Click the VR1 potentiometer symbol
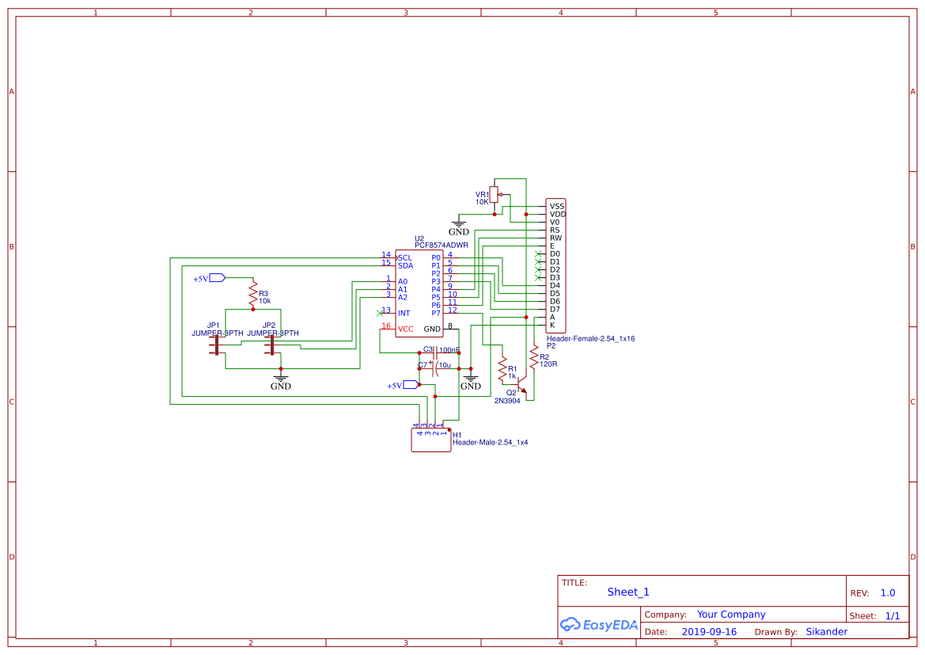click(494, 195)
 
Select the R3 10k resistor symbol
click(253, 294)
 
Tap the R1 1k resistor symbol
click(502, 368)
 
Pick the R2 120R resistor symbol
click(533, 357)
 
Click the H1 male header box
click(430, 440)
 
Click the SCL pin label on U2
click(405, 257)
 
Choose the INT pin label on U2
click(404, 313)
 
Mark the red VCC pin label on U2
click(405, 329)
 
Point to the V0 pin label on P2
click(555, 222)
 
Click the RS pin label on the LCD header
click(555, 230)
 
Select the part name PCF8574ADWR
click(441, 246)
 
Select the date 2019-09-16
click(709, 632)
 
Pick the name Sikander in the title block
click(826, 632)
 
